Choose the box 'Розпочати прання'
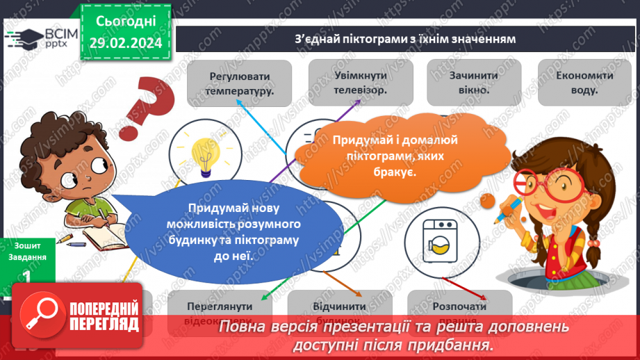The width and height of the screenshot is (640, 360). [459, 310]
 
